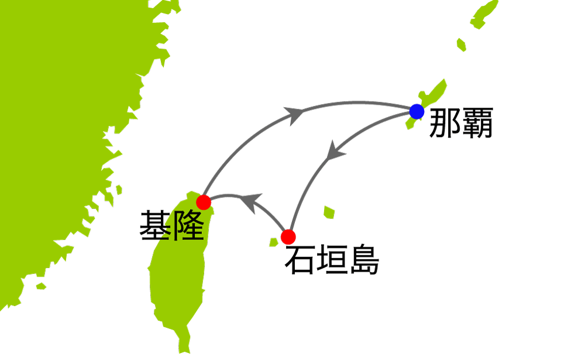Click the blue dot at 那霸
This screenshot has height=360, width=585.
click(x=417, y=111)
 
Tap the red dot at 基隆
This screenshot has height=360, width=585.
click(x=204, y=203)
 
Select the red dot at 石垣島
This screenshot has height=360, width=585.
click(x=288, y=237)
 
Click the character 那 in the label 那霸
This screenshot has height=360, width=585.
click(x=445, y=124)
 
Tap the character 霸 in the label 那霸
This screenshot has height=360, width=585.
click(x=477, y=124)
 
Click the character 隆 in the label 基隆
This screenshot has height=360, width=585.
click(x=187, y=225)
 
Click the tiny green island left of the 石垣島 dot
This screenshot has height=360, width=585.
click(x=273, y=242)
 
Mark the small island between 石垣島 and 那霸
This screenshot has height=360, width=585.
click(x=329, y=211)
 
